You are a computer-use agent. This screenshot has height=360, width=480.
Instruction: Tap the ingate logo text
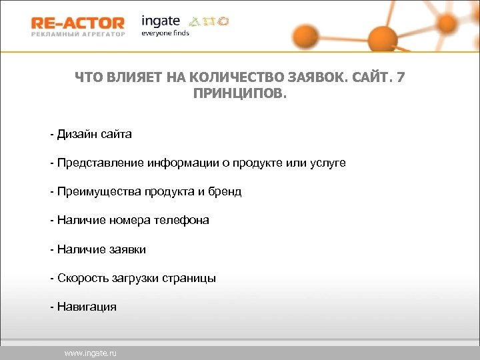tap(161, 21)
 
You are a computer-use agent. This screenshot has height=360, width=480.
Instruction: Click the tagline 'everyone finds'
tap(165, 33)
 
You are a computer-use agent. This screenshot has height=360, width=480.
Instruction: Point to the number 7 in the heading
tap(399, 78)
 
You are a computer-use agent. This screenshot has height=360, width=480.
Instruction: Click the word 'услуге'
tap(328, 163)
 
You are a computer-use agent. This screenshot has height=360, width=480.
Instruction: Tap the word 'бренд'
tap(223, 191)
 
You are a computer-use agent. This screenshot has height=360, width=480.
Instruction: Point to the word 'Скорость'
tap(81, 278)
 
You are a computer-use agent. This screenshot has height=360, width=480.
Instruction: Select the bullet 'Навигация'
tap(87, 307)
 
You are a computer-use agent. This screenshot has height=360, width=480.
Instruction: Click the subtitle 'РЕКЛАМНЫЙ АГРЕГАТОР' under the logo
tap(77, 35)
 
